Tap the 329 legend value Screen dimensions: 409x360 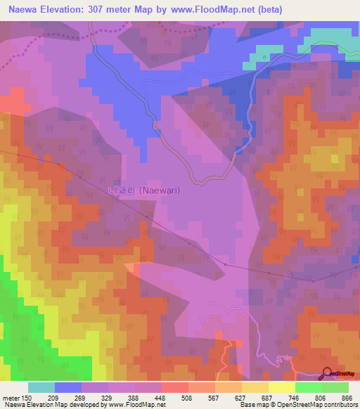pos(109,397)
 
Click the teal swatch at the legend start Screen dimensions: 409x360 pos(41,387)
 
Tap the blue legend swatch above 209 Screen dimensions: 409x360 pos(68,387)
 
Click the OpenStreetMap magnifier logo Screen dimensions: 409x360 pos(328,374)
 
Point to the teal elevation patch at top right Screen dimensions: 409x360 pos(330,39)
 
